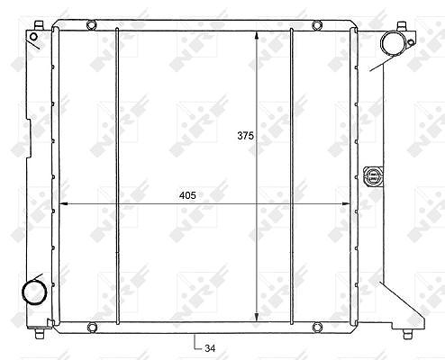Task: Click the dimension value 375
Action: click(x=245, y=136)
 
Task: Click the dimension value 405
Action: click(x=187, y=195)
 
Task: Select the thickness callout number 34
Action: click(x=210, y=348)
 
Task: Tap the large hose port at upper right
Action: click(x=394, y=43)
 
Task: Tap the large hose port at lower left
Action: click(x=34, y=292)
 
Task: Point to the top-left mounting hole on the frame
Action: click(x=91, y=25)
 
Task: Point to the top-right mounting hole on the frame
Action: click(x=317, y=25)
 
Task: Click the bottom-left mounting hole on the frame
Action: click(x=92, y=328)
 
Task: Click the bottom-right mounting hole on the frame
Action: click(x=317, y=328)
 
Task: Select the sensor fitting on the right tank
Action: click(x=373, y=175)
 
